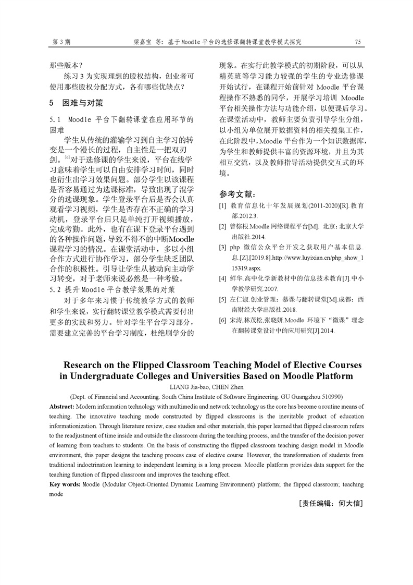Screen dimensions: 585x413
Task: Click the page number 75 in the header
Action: [358, 42]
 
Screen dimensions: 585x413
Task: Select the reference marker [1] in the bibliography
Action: [222, 206]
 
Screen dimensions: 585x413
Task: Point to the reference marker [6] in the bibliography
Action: [222, 320]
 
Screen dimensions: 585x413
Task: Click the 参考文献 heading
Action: [237, 194]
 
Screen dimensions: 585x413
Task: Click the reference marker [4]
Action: [222, 278]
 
